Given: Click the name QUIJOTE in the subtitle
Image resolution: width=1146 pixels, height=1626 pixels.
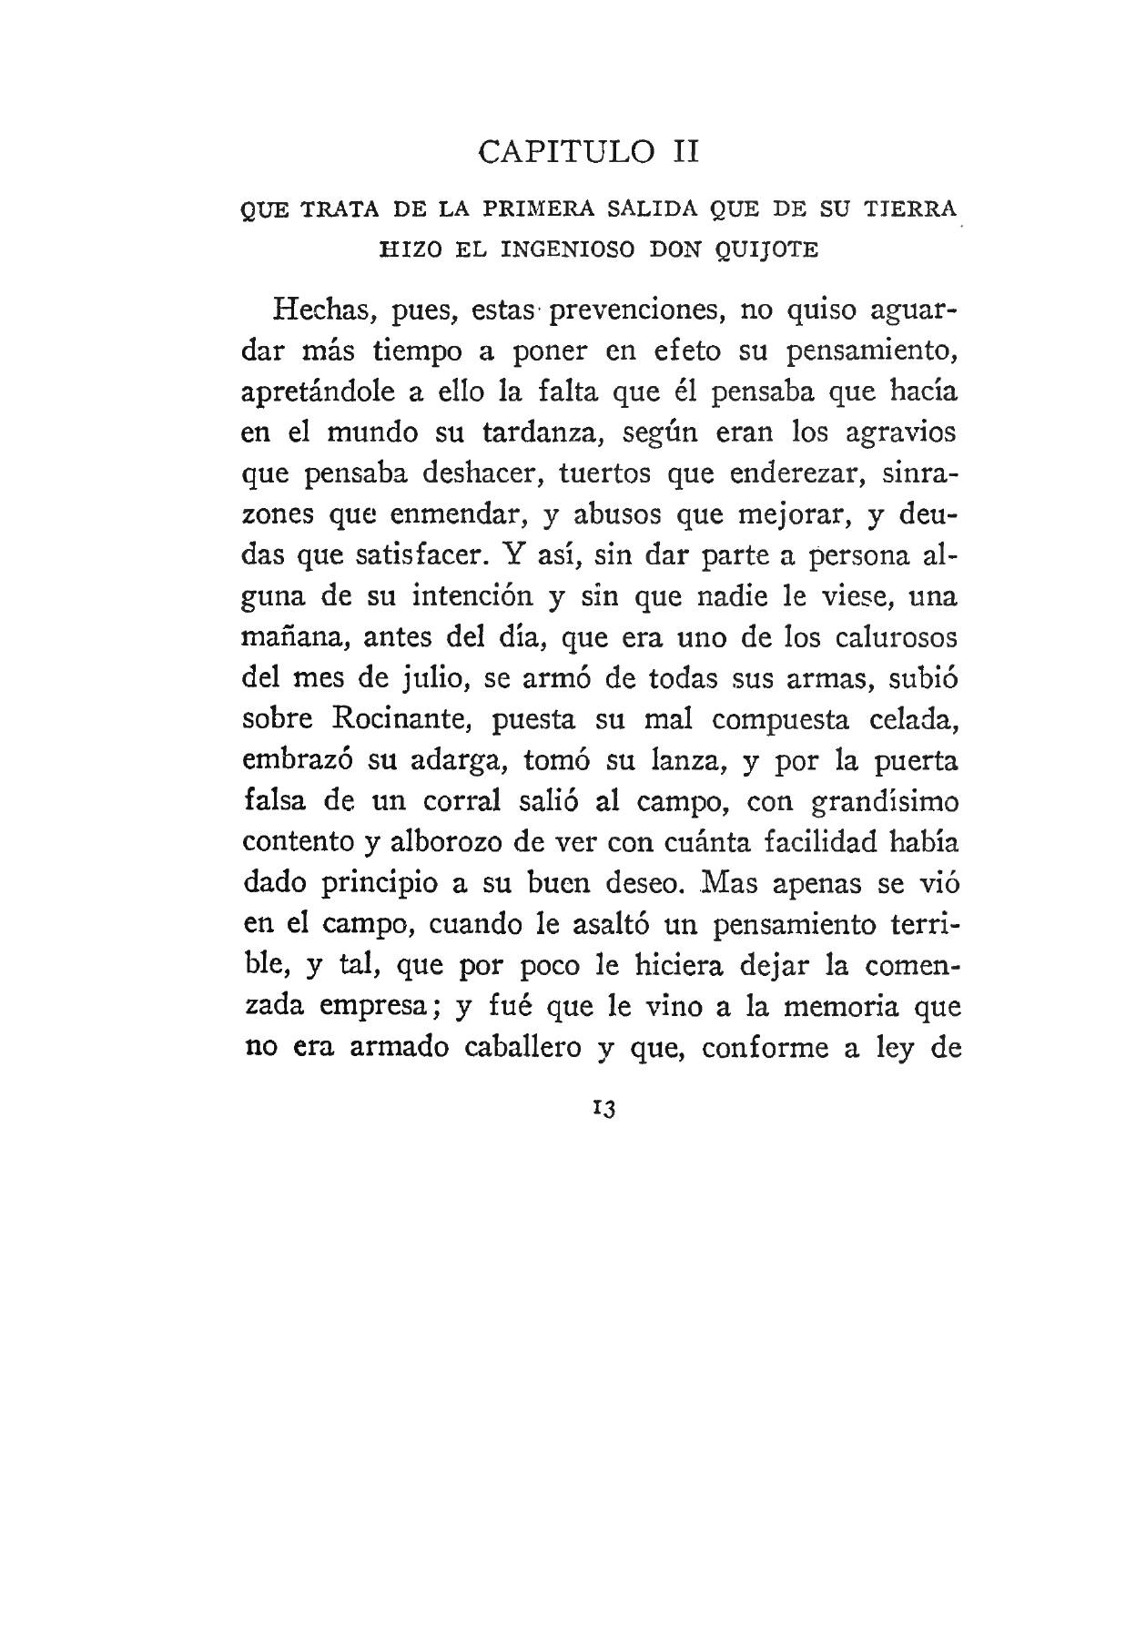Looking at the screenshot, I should click(x=767, y=249).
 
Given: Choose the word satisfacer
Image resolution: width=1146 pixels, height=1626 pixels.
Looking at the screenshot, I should click(x=424, y=554).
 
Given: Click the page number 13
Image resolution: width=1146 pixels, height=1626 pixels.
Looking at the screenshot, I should click(x=604, y=1109).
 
